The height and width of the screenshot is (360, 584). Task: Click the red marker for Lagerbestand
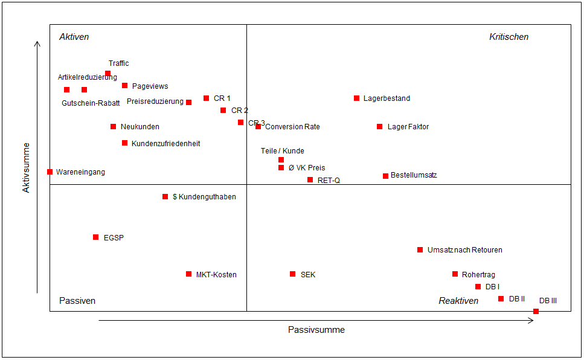click(356, 98)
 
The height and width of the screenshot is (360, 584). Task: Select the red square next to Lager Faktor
click(379, 126)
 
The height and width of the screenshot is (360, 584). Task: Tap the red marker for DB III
click(536, 311)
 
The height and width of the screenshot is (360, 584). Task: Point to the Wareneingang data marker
click(50, 172)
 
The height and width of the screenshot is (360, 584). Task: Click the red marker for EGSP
click(95, 237)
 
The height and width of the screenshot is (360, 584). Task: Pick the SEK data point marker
click(293, 274)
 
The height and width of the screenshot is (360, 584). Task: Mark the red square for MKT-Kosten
click(188, 274)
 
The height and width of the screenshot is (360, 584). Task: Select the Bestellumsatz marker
click(385, 176)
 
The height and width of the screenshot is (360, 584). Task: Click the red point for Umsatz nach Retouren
click(420, 249)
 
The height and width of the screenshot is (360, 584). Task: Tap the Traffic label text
click(118, 63)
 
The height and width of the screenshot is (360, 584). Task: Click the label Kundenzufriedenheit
click(165, 144)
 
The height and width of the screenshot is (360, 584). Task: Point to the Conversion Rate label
click(292, 127)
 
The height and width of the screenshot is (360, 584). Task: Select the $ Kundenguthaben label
click(204, 197)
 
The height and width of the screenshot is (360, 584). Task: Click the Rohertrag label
click(478, 275)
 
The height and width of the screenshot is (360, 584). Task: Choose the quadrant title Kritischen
click(509, 37)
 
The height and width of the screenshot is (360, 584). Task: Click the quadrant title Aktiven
click(74, 37)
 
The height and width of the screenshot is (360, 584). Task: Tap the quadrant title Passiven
click(77, 301)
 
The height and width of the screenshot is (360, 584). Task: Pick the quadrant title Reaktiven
click(458, 301)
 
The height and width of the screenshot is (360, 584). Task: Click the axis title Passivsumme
click(316, 330)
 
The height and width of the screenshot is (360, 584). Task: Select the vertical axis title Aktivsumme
click(26, 167)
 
